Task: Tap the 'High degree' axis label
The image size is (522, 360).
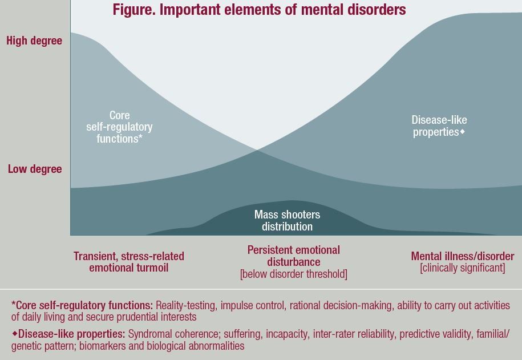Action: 34,41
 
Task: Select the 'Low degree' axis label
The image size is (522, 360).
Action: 34,169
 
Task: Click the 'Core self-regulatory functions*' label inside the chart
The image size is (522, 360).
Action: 119,127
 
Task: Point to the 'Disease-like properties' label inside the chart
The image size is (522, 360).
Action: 439,126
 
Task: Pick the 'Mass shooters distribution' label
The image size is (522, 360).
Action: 287,221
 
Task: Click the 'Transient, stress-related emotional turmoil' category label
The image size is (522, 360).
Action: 129,262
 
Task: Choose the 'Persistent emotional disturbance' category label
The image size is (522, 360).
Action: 294,256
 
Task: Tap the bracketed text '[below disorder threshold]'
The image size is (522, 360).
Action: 294,274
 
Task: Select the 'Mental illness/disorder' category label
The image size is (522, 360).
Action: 463,256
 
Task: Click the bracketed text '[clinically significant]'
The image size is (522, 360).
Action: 463,268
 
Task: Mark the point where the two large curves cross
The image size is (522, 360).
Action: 258,151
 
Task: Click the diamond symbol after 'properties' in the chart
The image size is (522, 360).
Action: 463,132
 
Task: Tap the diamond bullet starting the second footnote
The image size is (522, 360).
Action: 14,333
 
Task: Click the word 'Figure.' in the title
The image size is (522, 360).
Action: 132,10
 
